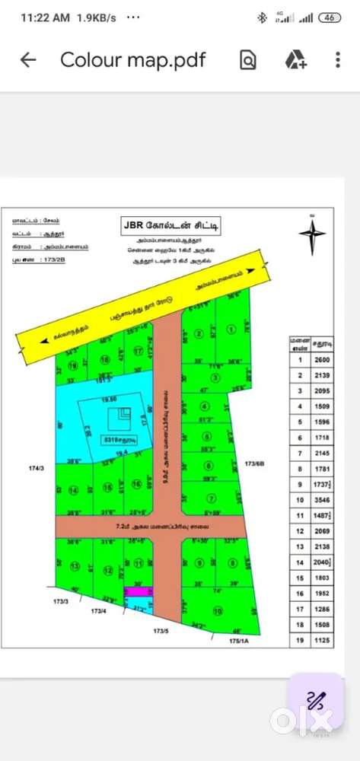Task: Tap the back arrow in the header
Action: (x=28, y=60)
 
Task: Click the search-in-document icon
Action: (x=248, y=60)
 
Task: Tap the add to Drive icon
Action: (x=295, y=60)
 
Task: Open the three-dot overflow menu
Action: (x=338, y=60)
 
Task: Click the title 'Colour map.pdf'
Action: (x=133, y=60)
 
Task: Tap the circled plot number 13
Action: (x=74, y=566)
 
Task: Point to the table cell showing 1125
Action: (x=322, y=641)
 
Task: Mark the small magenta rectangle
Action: (x=136, y=591)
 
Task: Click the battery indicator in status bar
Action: (x=330, y=18)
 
